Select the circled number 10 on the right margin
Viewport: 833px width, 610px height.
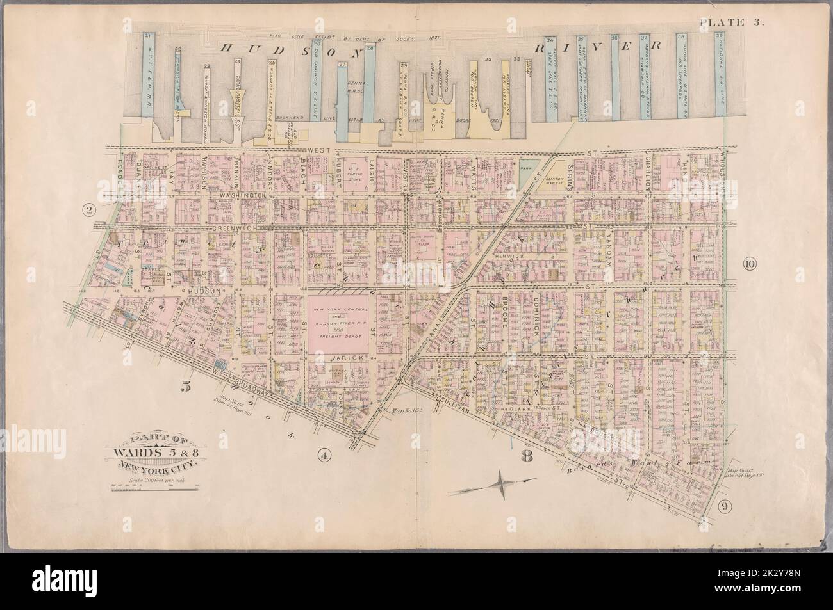click(x=750, y=264)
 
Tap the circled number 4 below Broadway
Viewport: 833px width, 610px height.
click(x=324, y=456)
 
